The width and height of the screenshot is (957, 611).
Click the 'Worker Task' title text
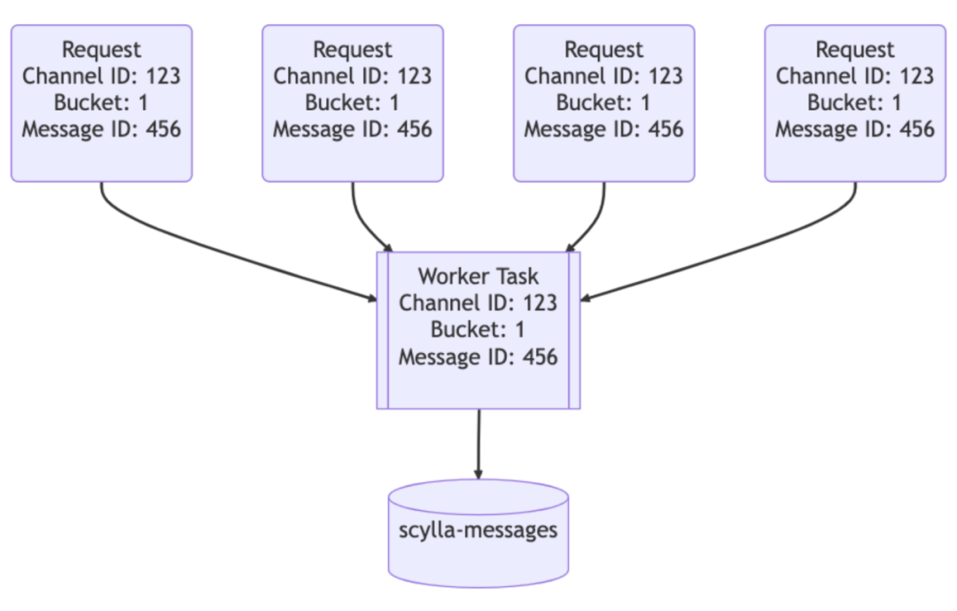click(x=478, y=276)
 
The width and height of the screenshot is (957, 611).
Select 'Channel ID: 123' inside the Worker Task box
click(x=478, y=302)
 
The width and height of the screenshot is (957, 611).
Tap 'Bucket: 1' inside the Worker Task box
click(x=478, y=330)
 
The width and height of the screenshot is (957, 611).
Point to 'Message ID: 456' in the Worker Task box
click(x=478, y=357)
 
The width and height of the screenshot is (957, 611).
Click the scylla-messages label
click(x=478, y=530)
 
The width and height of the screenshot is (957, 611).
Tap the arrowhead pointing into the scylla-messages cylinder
click(x=478, y=474)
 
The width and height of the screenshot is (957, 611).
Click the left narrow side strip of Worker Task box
click(x=383, y=330)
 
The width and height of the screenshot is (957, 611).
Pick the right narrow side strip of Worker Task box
click(x=574, y=330)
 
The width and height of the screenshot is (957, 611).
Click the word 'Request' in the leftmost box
click(x=101, y=50)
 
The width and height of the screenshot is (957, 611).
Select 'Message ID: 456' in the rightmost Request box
click(x=855, y=129)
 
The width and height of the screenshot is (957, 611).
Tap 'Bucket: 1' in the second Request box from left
click(x=353, y=103)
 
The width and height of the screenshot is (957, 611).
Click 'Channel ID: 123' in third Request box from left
click(x=604, y=76)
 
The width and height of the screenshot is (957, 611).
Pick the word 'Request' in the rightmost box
click(x=855, y=50)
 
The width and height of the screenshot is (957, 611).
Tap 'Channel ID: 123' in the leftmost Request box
click(x=101, y=76)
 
